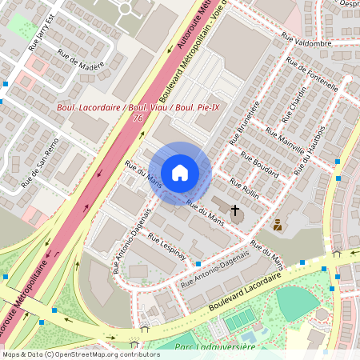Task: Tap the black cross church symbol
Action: click(x=235, y=212)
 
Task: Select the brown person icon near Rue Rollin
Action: click(x=278, y=225)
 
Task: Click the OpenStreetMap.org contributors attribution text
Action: click(x=100, y=354)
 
